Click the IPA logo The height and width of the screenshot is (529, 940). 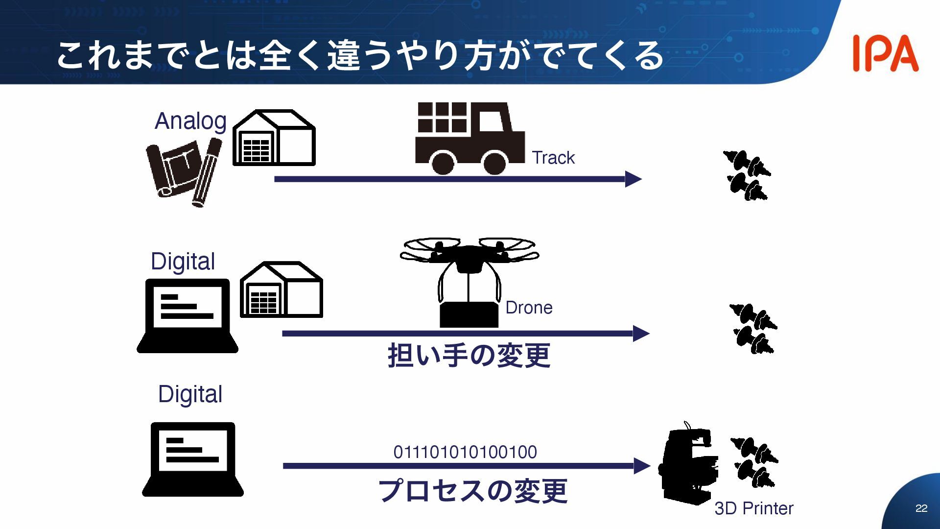point(885,54)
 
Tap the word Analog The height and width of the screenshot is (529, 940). point(190,121)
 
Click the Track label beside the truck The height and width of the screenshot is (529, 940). point(553,158)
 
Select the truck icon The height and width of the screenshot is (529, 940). point(469,138)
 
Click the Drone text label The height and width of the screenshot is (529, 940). point(529,308)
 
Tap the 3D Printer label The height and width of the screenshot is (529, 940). point(753,508)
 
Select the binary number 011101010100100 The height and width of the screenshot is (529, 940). point(465,452)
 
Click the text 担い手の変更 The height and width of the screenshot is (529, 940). point(469,355)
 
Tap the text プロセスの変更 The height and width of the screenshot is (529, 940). point(473,490)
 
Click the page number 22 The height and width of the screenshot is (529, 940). point(921,508)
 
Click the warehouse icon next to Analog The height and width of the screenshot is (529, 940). point(274,138)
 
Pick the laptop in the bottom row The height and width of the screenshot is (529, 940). point(193,459)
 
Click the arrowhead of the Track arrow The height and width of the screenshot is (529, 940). point(634,179)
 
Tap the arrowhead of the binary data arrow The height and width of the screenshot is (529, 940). point(642,466)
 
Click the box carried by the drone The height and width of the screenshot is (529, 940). point(469,315)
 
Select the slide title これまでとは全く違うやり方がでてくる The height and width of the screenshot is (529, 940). point(360,55)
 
